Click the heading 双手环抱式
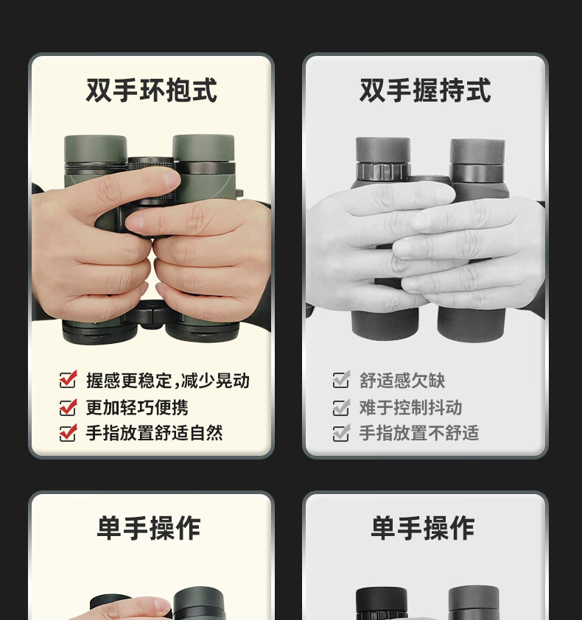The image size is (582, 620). click(x=151, y=91)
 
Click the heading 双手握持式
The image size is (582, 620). click(x=425, y=91)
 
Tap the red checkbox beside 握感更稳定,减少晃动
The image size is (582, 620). click(x=68, y=380)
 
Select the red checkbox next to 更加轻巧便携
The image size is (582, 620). click(x=68, y=407)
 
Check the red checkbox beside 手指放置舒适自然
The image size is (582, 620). click(x=68, y=432)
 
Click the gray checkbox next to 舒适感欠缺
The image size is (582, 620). click(x=341, y=380)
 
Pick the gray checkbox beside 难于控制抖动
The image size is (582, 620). click(x=341, y=407)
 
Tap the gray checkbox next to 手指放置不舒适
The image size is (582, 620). click(x=341, y=432)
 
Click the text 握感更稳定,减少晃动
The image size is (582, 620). click(x=168, y=381)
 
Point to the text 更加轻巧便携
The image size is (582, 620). click(x=137, y=407)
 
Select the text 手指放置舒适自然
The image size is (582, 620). click(x=154, y=432)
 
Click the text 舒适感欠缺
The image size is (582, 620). click(x=402, y=381)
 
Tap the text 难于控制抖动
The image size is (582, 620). click(x=410, y=407)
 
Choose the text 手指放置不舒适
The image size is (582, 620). click(x=419, y=432)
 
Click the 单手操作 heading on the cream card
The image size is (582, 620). click(x=149, y=528)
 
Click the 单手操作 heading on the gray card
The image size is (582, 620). click(x=423, y=528)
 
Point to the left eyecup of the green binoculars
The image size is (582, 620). click(x=95, y=149)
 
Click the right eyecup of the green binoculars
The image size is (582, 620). click(x=203, y=147)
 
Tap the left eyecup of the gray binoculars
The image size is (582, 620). click(x=382, y=149)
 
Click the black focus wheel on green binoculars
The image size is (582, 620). click(x=151, y=163)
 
